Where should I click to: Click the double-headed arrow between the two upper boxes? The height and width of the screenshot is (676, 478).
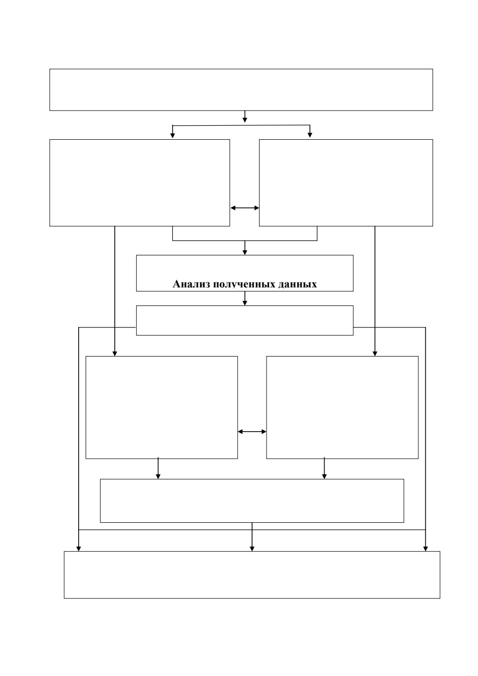tap(245, 208)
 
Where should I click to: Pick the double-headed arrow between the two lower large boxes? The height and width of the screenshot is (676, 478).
tap(252, 432)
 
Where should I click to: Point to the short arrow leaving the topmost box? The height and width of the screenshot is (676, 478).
tap(245, 117)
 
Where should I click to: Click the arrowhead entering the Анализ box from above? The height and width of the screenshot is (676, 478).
tap(245, 252)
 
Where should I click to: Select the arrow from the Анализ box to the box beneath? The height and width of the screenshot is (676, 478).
tap(245, 298)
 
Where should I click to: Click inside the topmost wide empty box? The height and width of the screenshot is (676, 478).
tap(241, 90)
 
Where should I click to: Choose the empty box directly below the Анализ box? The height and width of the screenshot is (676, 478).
tap(245, 320)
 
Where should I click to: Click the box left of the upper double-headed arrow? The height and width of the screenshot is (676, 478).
tap(139, 183)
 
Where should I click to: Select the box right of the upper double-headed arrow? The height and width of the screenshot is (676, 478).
tap(346, 183)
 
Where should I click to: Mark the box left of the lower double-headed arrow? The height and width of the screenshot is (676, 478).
tap(161, 408)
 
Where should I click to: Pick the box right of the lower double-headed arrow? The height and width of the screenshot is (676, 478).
tap(342, 408)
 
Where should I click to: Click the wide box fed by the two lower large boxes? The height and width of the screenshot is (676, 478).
tap(252, 501)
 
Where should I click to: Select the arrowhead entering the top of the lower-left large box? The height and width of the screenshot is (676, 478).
tap(114, 354)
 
